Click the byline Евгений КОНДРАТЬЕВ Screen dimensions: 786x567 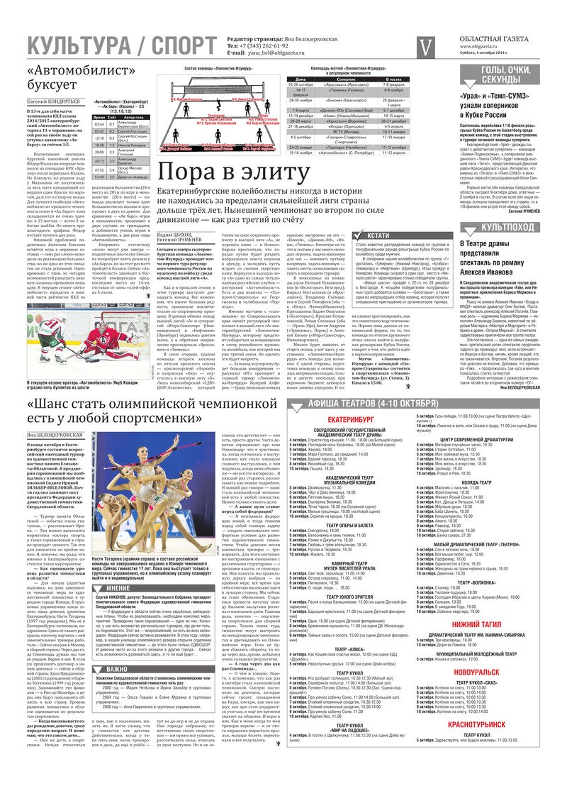coord(58,102)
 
